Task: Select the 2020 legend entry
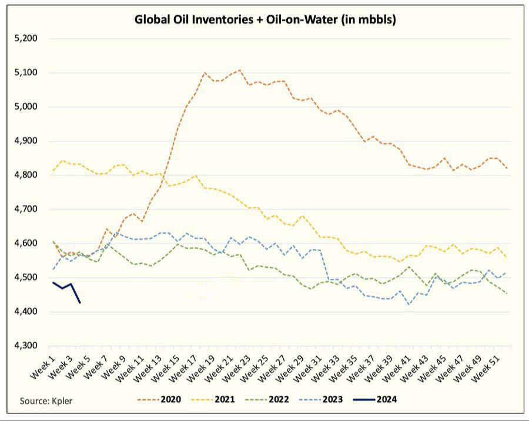(159, 400)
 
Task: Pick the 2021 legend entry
(213, 400)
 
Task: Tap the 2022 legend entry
(267, 400)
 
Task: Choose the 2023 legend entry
(321, 400)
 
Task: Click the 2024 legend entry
(375, 400)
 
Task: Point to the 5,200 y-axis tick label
(26, 38)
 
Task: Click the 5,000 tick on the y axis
(26, 106)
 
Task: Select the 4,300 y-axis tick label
(26, 345)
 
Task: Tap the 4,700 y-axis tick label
(26, 209)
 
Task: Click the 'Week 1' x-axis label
(42, 368)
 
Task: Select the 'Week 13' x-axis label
(148, 369)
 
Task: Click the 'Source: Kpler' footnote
(46, 401)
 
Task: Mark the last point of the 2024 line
(80, 303)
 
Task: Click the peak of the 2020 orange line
(240, 70)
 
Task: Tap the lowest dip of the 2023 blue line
(409, 305)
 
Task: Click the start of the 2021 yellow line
(53, 170)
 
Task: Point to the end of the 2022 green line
(507, 294)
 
